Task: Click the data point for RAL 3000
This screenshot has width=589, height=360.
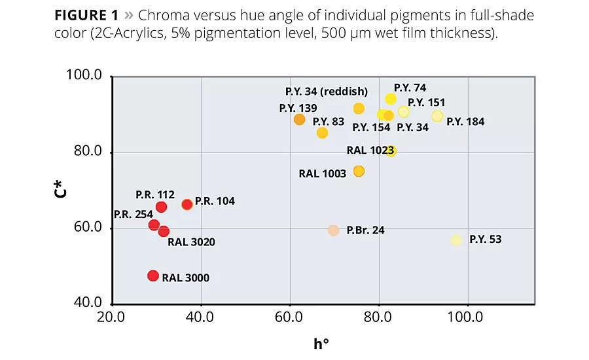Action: click(x=153, y=276)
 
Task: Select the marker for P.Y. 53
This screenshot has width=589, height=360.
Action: click(x=456, y=240)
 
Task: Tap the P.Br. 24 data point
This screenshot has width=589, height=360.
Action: click(x=333, y=230)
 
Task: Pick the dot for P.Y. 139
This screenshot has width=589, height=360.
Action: click(x=299, y=119)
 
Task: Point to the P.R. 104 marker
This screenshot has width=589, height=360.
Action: click(x=187, y=204)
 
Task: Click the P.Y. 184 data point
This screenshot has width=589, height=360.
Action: click(x=437, y=116)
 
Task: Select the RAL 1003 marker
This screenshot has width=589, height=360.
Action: click(x=359, y=171)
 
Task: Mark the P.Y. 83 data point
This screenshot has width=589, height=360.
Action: click(x=322, y=133)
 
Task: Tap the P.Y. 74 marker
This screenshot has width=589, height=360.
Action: click(x=391, y=99)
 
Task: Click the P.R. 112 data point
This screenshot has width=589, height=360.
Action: click(x=161, y=207)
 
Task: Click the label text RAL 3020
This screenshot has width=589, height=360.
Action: click(x=191, y=242)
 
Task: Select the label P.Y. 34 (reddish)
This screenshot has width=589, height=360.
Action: click(x=327, y=91)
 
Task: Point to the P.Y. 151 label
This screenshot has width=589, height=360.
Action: click(x=427, y=102)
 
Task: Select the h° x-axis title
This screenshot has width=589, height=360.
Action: click(x=321, y=344)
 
